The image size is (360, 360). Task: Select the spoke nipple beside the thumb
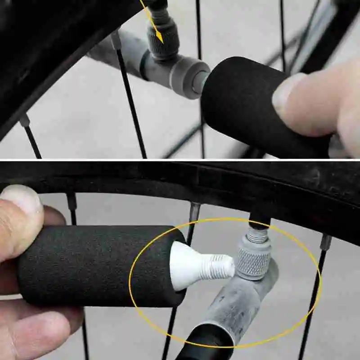[x=72, y=201]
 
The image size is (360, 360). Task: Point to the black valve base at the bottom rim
[x=260, y=222]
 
